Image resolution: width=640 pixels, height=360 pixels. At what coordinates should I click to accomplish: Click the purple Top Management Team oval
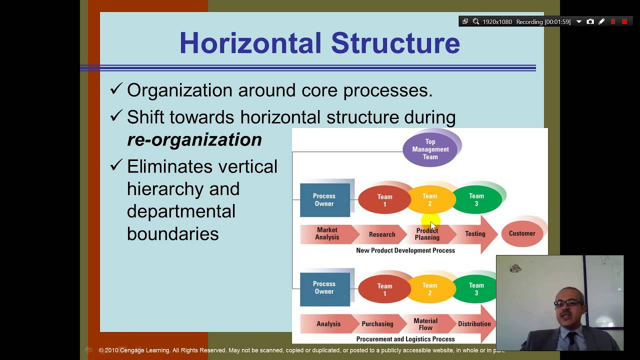coord(430,149)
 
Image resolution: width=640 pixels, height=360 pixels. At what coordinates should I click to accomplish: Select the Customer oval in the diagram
coord(521,233)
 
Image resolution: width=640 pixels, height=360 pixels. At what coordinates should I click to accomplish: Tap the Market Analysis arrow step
coord(327,234)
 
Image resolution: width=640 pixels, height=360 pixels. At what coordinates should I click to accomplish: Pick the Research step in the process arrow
coord(382,234)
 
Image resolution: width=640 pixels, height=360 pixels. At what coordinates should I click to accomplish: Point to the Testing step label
coord(474,234)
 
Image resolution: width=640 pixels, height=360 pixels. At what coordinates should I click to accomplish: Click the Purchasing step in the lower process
coord(377,324)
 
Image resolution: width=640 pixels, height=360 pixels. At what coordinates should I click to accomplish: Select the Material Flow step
coord(425,324)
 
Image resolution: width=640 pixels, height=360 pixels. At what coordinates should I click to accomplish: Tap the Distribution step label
coord(474,324)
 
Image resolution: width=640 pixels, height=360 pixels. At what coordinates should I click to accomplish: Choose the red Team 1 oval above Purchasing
coord(384,289)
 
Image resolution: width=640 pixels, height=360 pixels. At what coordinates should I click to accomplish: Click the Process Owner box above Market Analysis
coord(324,200)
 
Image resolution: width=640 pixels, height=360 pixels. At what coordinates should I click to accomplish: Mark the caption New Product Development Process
coord(405,250)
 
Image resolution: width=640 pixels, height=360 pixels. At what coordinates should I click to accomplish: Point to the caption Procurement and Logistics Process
coord(405,339)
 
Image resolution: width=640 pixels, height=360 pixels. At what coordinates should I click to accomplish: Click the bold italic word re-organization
coord(194,139)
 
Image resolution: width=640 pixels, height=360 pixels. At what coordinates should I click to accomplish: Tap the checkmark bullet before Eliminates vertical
coord(116,165)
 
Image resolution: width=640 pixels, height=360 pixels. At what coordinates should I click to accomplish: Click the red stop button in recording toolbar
coord(624,21)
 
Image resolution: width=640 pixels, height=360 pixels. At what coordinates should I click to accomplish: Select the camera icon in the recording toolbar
coord(590,21)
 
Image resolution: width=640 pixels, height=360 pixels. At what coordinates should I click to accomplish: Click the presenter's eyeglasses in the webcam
coord(568,302)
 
